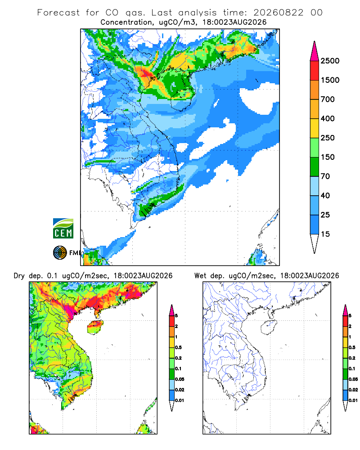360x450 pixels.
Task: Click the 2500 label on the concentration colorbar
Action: click(330, 61)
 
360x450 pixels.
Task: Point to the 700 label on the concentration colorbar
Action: click(328, 99)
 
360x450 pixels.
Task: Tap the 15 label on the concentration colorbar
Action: click(325, 234)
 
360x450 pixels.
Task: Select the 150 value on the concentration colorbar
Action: click(328, 157)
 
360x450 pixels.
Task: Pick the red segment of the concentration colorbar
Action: click(315, 70)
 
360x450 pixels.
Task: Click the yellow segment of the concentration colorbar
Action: click(315, 128)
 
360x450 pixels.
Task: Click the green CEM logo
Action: click(63, 228)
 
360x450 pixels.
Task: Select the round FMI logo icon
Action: click(60, 253)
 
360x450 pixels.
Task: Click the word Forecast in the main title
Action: click(58, 13)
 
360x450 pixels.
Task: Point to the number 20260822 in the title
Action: click(278, 13)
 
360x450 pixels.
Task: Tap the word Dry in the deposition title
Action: click(19, 276)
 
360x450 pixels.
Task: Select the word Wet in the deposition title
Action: click(200, 276)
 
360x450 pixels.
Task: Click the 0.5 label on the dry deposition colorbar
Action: click(178, 347)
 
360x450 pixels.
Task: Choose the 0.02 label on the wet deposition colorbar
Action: click(353, 390)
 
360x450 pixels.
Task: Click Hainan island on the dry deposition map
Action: click(95, 327)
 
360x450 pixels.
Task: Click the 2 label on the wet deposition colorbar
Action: click(350, 326)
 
